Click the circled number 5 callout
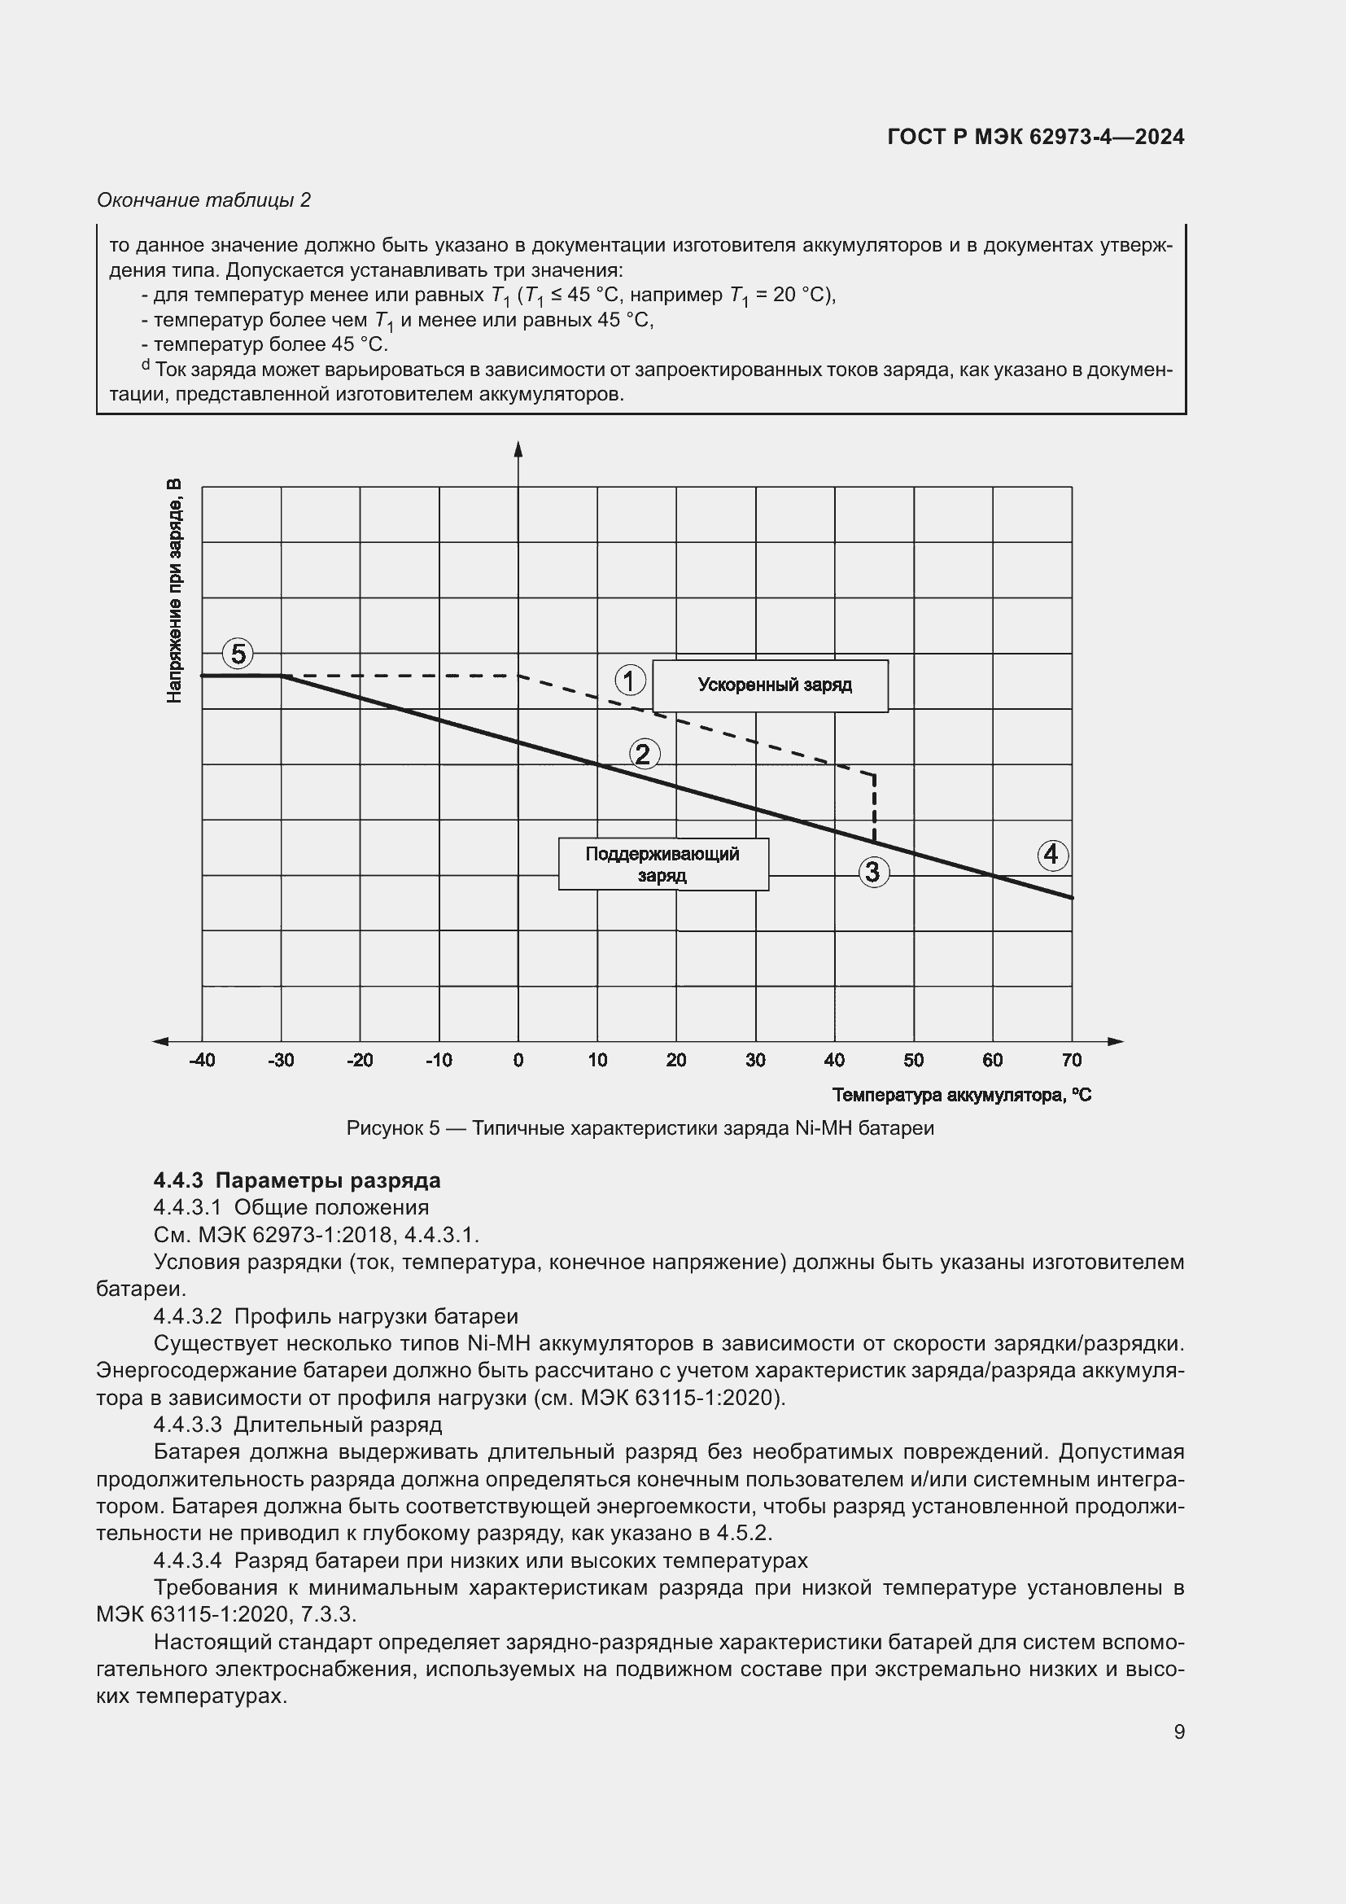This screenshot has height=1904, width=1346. [x=238, y=654]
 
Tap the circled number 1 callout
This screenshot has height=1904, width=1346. [x=630, y=681]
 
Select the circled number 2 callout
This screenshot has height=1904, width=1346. [x=644, y=754]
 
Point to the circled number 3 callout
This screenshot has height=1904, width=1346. [x=873, y=872]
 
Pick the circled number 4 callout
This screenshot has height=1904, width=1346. [x=1051, y=854]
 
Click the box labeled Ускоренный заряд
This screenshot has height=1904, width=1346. [x=770, y=685]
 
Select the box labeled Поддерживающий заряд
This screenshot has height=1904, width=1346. [x=663, y=864]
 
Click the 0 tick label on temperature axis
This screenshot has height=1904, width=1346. [x=518, y=1060]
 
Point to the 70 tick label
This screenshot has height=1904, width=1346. [x=1071, y=1060]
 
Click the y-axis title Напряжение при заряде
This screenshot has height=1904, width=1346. [x=174, y=590]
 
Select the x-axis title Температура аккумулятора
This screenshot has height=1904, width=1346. [x=961, y=1096]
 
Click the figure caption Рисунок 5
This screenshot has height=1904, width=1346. [x=640, y=1128]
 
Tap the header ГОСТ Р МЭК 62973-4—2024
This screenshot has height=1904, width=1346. [x=1035, y=137]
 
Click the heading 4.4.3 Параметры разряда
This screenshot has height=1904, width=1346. [x=297, y=1180]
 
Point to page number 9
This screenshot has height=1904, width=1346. [x=1178, y=1732]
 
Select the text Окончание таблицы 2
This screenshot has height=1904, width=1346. [x=204, y=200]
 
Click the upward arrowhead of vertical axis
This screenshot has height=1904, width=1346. [x=518, y=449]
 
